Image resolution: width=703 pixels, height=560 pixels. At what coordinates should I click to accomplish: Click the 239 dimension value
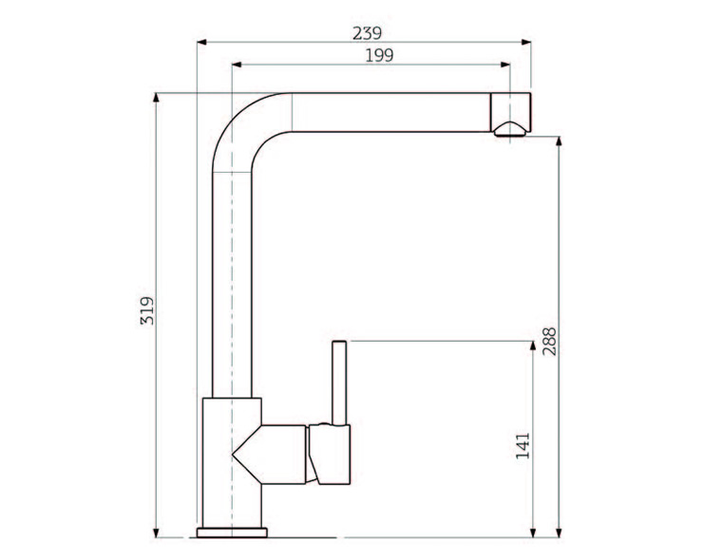[367, 33]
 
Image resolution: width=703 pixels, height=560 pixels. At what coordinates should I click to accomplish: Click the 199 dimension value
[379, 56]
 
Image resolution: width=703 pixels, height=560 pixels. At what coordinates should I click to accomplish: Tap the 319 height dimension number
[147, 310]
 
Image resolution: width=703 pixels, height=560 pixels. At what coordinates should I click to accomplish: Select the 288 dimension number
[549, 342]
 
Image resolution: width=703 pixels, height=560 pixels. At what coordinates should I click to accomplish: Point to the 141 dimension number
[522, 446]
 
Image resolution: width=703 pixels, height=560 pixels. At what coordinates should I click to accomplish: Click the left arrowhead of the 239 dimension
[201, 42]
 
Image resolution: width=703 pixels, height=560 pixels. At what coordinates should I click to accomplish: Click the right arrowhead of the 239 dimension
[526, 42]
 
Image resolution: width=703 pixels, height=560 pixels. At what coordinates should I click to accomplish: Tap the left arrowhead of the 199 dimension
[237, 65]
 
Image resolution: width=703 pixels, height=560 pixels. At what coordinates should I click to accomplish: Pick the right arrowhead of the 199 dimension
[505, 65]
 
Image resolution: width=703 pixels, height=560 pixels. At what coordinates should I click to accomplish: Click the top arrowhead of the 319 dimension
[156, 98]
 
